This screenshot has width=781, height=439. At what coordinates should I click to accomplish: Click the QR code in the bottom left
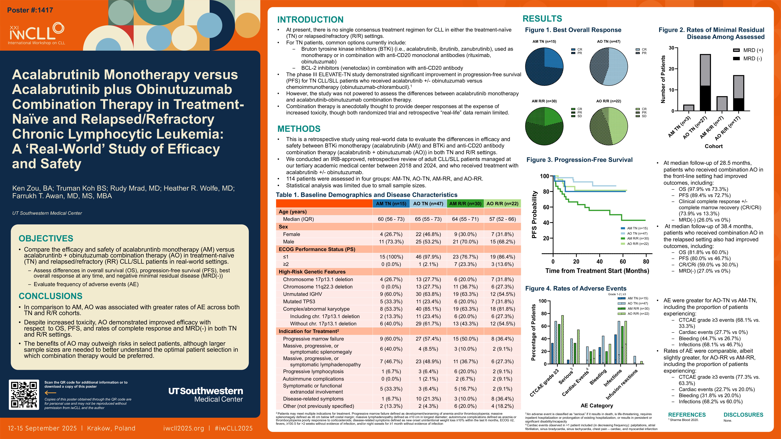point(24,394)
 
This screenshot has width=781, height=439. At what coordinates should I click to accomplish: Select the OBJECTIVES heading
point(46,238)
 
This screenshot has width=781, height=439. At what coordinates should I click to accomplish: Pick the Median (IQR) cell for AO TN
point(428,219)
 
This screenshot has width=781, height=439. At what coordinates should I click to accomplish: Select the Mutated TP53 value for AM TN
point(391,301)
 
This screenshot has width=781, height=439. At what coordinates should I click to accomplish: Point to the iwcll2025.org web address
point(183,428)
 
